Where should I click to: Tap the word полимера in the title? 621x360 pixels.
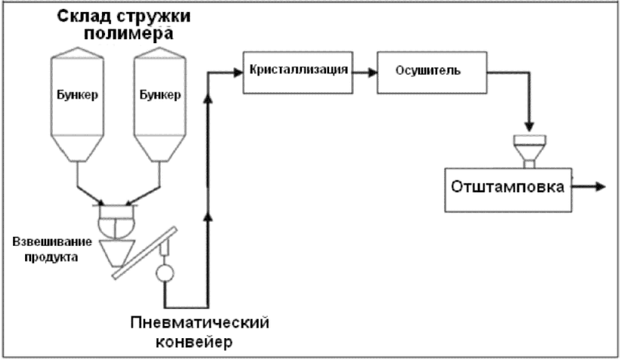tap(129, 34)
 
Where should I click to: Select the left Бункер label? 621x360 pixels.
tap(77, 95)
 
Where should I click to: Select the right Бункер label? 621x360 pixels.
tap(160, 95)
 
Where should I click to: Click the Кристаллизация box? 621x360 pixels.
tap(298, 73)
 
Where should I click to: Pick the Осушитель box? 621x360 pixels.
tap(432, 73)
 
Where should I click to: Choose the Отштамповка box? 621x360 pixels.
tap(508, 190)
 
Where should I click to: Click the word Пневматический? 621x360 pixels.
tap(200, 323)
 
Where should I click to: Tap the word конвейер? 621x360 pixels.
tap(194, 342)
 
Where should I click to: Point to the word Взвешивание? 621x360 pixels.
tap(52, 242)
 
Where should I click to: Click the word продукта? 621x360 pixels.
tap(51, 257)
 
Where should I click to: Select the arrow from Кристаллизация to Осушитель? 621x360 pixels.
tap(365, 73)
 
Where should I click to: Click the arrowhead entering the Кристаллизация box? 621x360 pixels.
tap(238, 73)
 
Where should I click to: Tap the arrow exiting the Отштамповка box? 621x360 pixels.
tap(589, 186)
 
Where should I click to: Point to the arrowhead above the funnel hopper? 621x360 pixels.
tap(529, 127)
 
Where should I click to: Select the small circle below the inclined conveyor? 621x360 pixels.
tap(165, 273)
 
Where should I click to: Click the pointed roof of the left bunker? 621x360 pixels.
tap(78, 53)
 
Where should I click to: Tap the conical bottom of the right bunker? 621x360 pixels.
tap(160, 148)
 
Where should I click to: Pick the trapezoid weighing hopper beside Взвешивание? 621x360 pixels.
tap(116, 253)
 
